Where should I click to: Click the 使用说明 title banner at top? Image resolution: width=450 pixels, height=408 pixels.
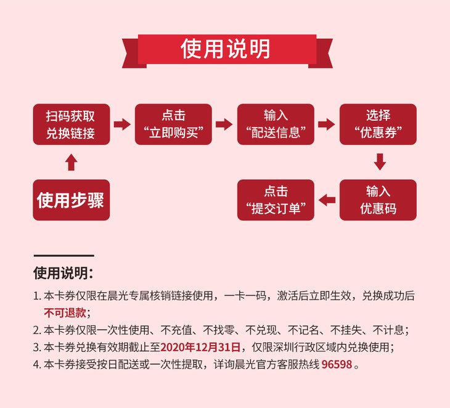[226, 48]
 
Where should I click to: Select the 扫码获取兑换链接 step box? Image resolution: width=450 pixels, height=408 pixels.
[71, 124]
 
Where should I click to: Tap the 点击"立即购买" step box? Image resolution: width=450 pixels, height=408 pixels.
[173, 124]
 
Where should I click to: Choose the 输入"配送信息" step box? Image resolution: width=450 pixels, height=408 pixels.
[276, 124]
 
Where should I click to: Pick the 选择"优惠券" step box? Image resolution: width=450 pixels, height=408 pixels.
[378, 124]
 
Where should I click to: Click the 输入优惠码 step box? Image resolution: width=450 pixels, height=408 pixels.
[378, 200]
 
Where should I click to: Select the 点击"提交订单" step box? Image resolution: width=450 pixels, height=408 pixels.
[276, 200]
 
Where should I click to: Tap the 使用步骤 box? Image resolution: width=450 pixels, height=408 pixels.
[71, 200]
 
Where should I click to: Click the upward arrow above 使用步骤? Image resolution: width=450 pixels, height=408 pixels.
[71, 162]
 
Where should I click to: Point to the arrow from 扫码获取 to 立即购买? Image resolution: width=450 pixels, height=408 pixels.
[122, 124]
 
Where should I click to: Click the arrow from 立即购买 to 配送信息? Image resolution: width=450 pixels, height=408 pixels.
[224, 124]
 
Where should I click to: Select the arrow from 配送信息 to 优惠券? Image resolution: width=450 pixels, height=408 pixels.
[327, 124]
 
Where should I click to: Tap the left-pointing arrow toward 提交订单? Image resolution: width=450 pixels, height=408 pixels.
[327, 199]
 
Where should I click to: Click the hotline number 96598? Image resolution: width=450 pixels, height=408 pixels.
[337, 364]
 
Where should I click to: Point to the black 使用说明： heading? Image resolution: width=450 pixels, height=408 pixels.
[64, 273]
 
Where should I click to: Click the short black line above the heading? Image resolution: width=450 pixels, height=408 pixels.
[64, 255]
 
